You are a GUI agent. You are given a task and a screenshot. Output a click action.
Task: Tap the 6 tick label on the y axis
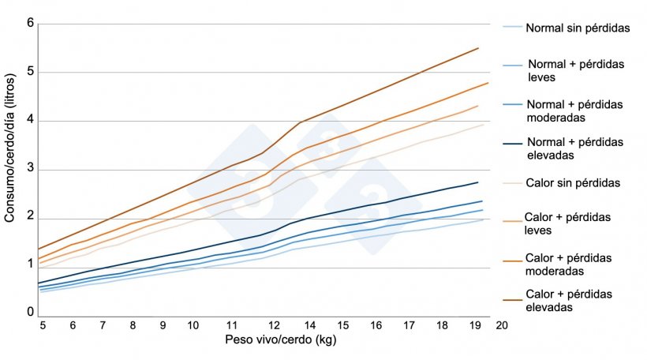pos(30,24)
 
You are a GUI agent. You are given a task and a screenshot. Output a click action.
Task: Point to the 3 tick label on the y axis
pos(30,170)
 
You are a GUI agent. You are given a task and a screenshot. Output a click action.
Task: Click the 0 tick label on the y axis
pos(30,313)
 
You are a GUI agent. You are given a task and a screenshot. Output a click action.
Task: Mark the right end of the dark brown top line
pos(478,48)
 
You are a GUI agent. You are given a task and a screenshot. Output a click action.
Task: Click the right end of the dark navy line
pos(478,182)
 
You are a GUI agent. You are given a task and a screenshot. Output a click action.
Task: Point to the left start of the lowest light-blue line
pos(40,292)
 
